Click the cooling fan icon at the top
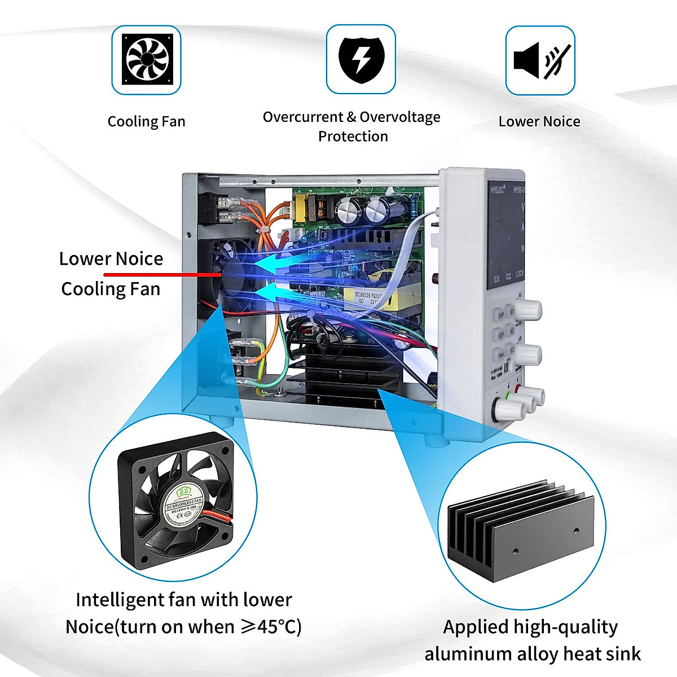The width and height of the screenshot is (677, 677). [x=146, y=59]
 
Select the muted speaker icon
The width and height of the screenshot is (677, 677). [x=540, y=60]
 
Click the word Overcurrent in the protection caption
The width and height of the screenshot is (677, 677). [x=303, y=117]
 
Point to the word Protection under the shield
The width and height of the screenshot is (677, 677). [x=353, y=137]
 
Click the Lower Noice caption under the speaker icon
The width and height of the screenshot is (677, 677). [x=539, y=122]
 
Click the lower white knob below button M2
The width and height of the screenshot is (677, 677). [x=529, y=354]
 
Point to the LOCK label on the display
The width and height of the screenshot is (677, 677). [x=520, y=274]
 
